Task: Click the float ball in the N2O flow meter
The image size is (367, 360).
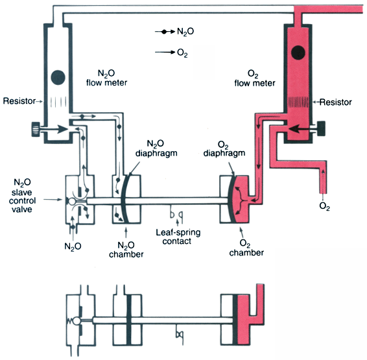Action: pyautogui.click(x=58, y=77)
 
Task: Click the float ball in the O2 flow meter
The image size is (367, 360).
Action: pyautogui.click(x=298, y=52)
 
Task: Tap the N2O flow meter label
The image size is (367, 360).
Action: pyautogui.click(x=106, y=78)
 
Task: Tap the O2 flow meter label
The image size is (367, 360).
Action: pyautogui.click(x=255, y=78)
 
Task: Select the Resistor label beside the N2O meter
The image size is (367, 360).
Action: pyautogui.click(x=19, y=101)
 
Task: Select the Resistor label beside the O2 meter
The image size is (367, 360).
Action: pyautogui.click(x=336, y=102)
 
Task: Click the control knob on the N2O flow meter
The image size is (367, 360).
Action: pyautogui.click(x=36, y=129)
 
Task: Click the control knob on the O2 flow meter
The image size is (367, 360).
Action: pyautogui.click(x=321, y=128)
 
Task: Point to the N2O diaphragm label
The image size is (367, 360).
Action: pyautogui.click(x=156, y=148)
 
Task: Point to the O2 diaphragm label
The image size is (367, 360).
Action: pyautogui.click(x=224, y=149)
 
